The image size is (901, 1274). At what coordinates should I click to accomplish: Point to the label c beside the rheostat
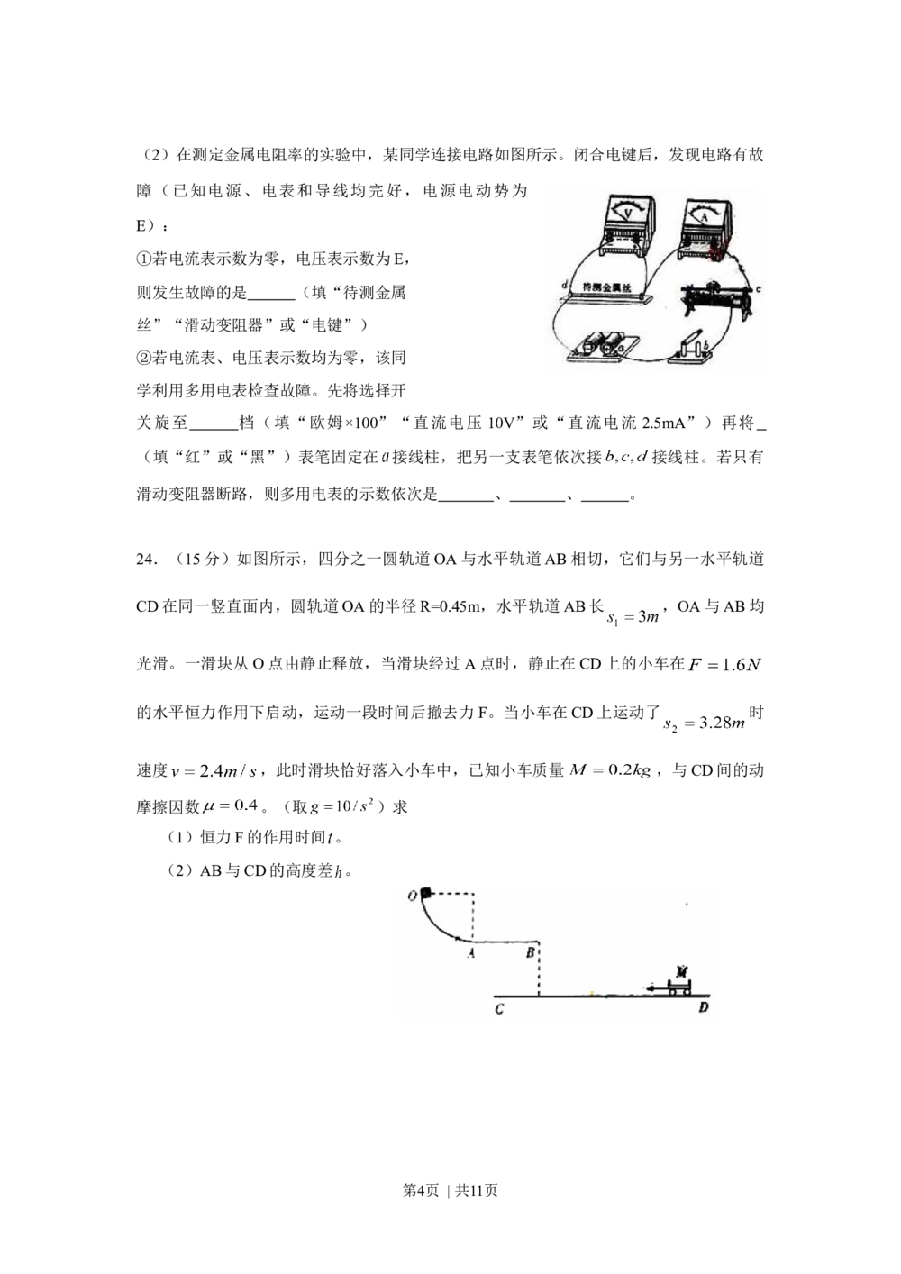click(x=759, y=289)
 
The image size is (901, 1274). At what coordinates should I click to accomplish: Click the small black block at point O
click(x=425, y=894)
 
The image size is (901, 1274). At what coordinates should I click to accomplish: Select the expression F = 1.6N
click(x=724, y=665)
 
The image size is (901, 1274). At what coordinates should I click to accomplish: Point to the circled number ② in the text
click(x=142, y=358)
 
